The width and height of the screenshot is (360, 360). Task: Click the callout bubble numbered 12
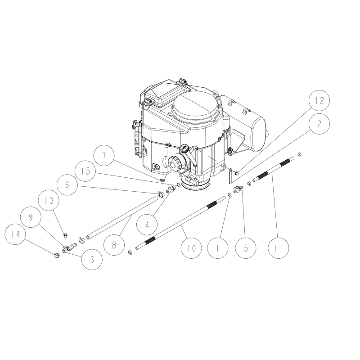pos(319,102)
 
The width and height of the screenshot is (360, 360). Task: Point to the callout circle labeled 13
pos(49,201)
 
